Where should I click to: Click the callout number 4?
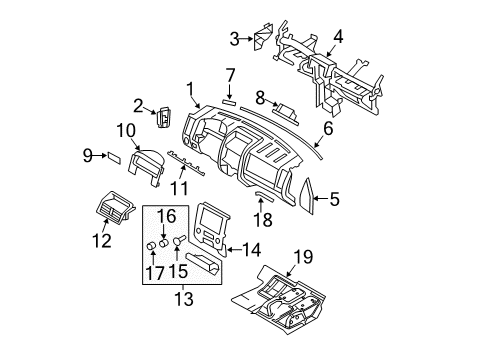(338, 37)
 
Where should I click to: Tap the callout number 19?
(303, 257)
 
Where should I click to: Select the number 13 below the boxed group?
(184, 298)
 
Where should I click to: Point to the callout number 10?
(126, 130)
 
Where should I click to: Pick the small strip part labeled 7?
(229, 102)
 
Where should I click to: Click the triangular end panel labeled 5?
(307, 196)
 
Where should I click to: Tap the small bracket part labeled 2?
(164, 117)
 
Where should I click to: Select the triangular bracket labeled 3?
(263, 36)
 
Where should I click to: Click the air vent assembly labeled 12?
(115, 207)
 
